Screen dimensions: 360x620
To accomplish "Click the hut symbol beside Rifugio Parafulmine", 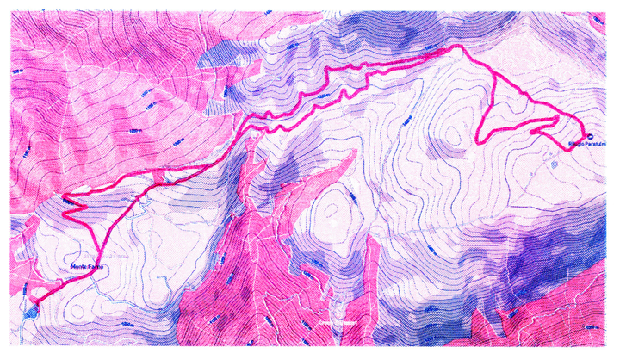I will (590, 136).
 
